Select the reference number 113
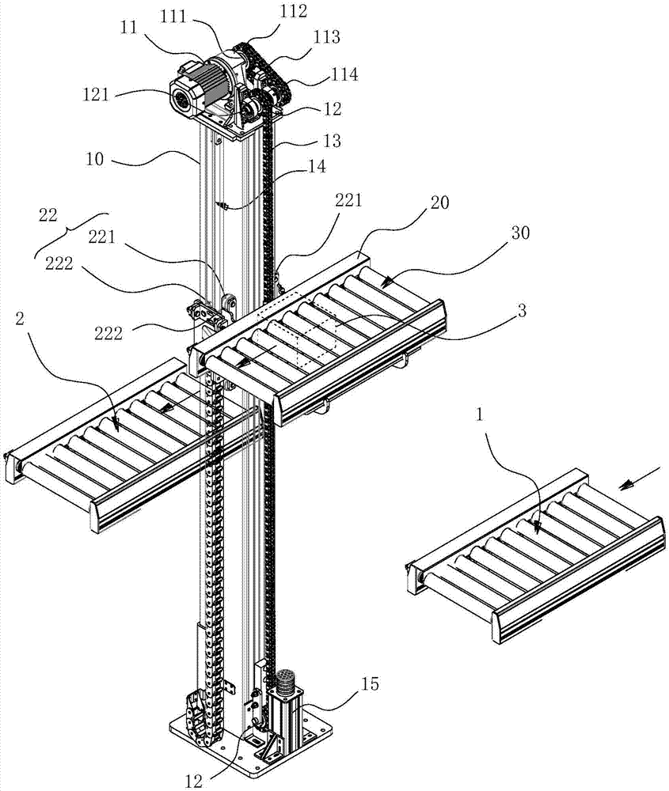pyautogui.click(x=327, y=36)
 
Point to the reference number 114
pyautogui.click(x=344, y=75)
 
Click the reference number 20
pyautogui.click(x=440, y=203)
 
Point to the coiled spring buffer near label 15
pyautogui.click(x=283, y=679)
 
